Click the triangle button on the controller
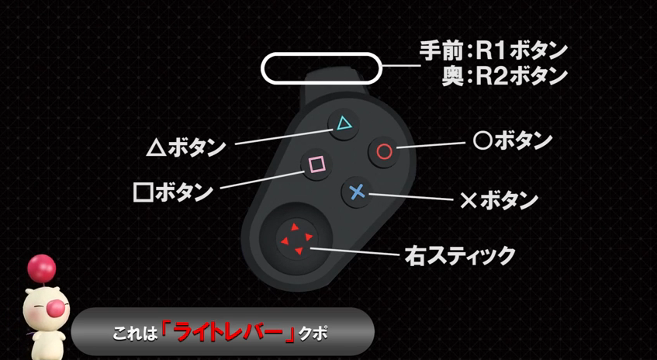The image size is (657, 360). [344, 124]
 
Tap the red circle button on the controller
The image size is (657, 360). [384, 151]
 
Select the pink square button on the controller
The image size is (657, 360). [316, 164]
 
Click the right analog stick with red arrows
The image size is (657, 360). [296, 240]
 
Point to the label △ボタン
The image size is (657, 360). [186, 148]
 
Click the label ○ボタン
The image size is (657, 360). [512, 142]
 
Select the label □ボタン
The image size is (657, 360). [173, 192]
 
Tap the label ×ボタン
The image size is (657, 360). [499, 201]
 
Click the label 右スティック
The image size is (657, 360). [460, 255]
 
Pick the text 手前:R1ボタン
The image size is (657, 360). [493, 51]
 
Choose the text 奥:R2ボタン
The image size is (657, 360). [504, 76]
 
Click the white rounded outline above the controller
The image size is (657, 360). [321, 68]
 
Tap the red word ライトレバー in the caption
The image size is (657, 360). [228, 333]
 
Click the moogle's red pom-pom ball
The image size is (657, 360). [41, 268]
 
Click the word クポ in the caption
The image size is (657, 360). [313, 334]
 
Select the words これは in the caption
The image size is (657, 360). [135, 334]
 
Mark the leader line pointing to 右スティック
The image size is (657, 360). [354, 251]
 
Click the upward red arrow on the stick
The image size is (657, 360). [295, 227]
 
